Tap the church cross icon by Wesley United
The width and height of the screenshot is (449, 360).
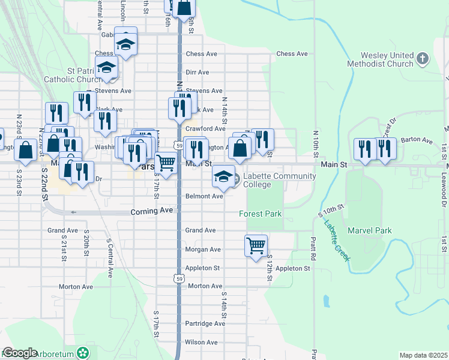pos(423,58)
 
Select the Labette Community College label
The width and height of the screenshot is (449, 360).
pos(279,179)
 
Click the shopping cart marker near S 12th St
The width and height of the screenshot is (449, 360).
pos(256,245)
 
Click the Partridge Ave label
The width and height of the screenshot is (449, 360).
pos(205,323)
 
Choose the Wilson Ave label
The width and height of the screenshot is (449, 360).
pos(201,342)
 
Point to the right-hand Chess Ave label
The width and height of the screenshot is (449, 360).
pos(292,54)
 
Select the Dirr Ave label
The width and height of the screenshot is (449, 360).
pos(197,72)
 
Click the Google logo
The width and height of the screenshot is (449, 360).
pos(20,353)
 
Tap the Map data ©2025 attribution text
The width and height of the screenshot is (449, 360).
pos(423,355)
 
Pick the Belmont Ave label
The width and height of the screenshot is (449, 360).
pos(204,196)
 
